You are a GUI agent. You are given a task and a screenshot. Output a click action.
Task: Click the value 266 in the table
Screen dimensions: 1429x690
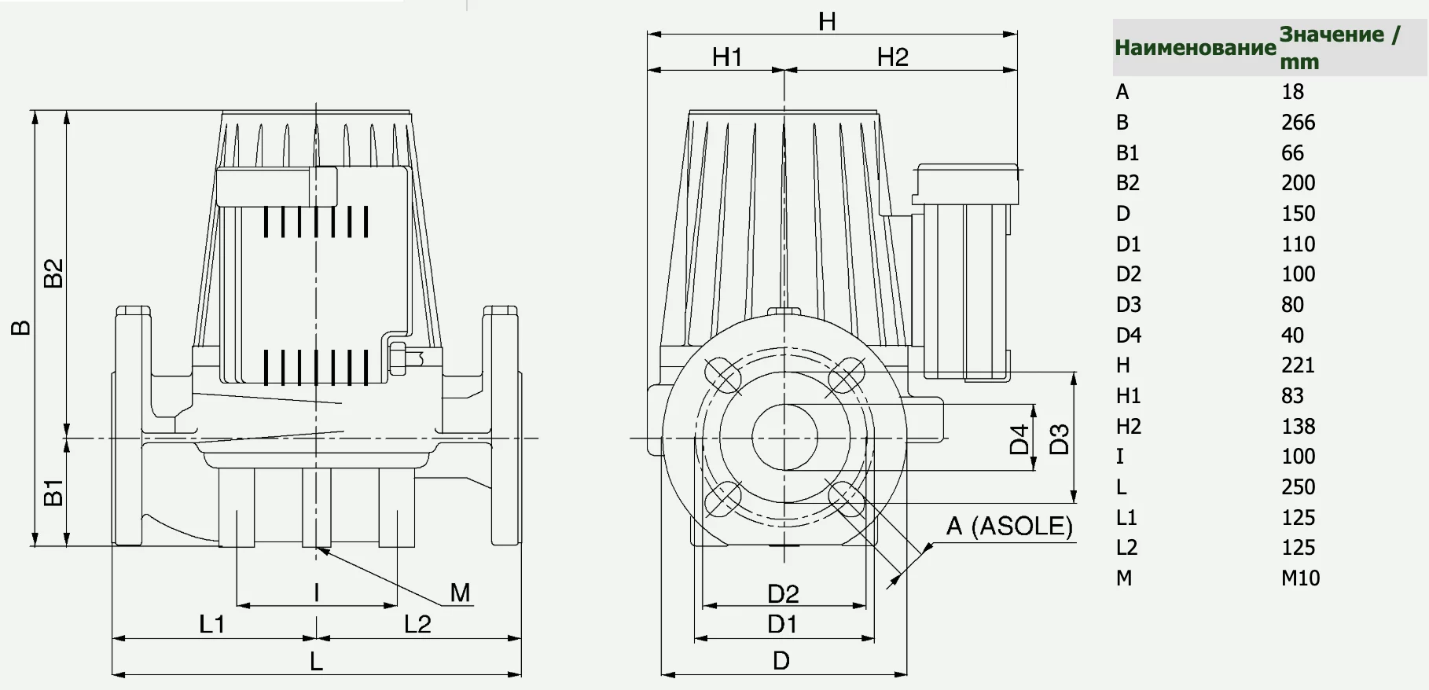[x=1298, y=123]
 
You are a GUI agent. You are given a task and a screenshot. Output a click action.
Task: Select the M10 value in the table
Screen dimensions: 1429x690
[x=1300, y=578]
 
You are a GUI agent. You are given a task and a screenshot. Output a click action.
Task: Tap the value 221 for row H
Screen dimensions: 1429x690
[x=1298, y=365]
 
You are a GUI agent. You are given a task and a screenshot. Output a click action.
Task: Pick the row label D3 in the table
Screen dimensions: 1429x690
[x=1128, y=305]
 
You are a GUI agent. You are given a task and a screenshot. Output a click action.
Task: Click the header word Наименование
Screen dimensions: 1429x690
[x=1195, y=48]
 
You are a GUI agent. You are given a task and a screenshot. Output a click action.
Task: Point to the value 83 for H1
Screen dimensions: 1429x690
[x=1292, y=396]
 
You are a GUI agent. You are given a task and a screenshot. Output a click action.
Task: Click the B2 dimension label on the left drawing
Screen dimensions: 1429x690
[x=53, y=273]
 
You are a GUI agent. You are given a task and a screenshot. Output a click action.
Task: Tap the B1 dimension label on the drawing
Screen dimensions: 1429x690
[x=53, y=491]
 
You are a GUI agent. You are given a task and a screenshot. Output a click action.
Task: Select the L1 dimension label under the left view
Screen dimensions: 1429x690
[x=212, y=624]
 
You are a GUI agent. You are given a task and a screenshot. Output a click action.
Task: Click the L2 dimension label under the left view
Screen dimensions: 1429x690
[x=417, y=624]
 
